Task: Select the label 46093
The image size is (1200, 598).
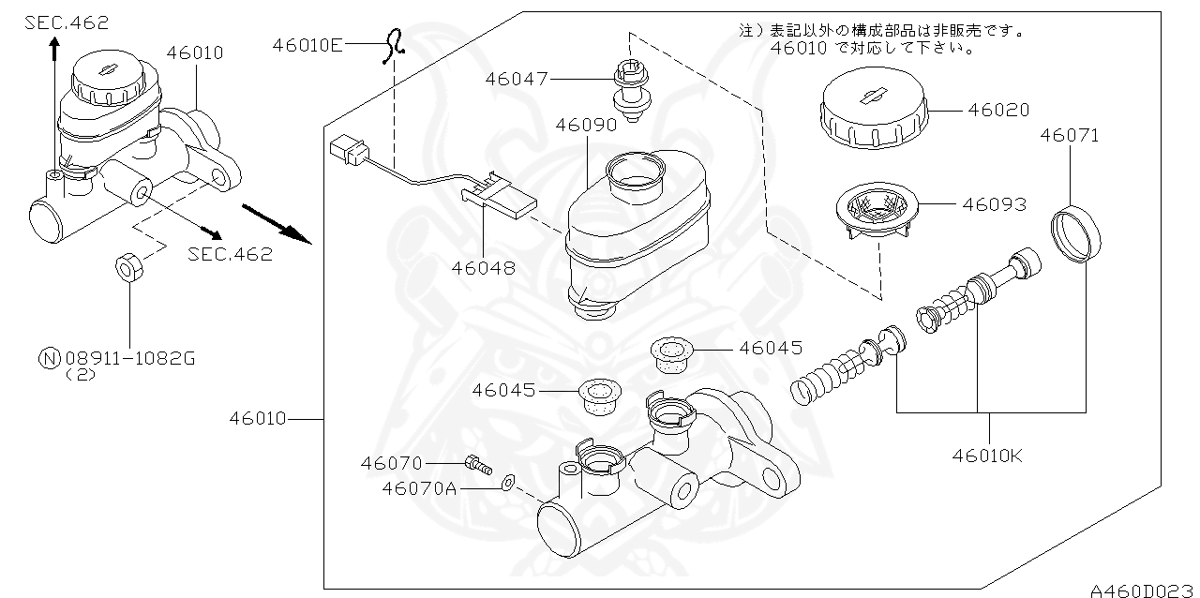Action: (994, 203)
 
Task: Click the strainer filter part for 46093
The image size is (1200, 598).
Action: (876, 212)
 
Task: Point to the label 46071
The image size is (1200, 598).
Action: (1069, 135)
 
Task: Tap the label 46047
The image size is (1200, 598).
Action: (516, 79)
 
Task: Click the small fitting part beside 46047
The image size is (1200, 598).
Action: (630, 90)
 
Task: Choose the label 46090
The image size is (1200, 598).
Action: (585, 124)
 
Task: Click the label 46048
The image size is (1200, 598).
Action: (483, 267)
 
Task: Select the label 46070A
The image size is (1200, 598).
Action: (419, 487)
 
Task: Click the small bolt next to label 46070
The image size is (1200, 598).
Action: (478, 463)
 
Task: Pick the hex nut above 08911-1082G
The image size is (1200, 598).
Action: (127, 265)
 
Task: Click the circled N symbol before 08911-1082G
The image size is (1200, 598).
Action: (47, 357)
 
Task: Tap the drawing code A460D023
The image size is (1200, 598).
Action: (1142, 590)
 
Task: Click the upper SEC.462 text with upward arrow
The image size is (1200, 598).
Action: (66, 22)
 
